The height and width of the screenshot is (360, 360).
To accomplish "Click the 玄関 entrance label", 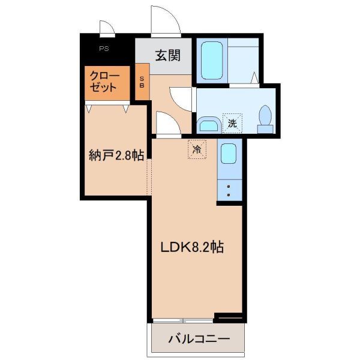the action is [x=168, y=55].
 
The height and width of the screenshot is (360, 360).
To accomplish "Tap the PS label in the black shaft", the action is [x=104, y=49].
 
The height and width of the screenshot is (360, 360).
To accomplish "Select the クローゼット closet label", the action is [x=104, y=82].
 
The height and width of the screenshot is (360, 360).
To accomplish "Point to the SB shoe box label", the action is [x=142, y=82].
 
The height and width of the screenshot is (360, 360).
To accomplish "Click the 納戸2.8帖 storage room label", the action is [x=116, y=155].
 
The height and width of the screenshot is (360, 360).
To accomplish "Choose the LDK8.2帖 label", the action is [x=192, y=247].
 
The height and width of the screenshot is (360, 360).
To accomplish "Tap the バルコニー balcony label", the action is [x=199, y=338].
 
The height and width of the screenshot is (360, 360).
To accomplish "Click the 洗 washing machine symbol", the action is [x=232, y=124].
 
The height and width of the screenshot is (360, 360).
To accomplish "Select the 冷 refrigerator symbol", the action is [x=197, y=149].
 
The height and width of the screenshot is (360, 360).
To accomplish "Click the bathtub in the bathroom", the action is [x=212, y=60].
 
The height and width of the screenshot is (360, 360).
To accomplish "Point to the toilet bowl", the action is [x=265, y=115].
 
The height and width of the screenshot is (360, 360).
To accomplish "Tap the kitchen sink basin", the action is [x=229, y=154].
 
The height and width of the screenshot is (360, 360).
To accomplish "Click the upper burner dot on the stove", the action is [x=229, y=187].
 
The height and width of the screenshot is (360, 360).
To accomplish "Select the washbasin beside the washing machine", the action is [x=209, y=125].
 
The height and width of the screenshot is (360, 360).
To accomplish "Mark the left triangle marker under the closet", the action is [x=89, y=109].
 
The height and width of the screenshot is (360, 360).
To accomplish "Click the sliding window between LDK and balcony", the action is [x=183, y=320].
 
